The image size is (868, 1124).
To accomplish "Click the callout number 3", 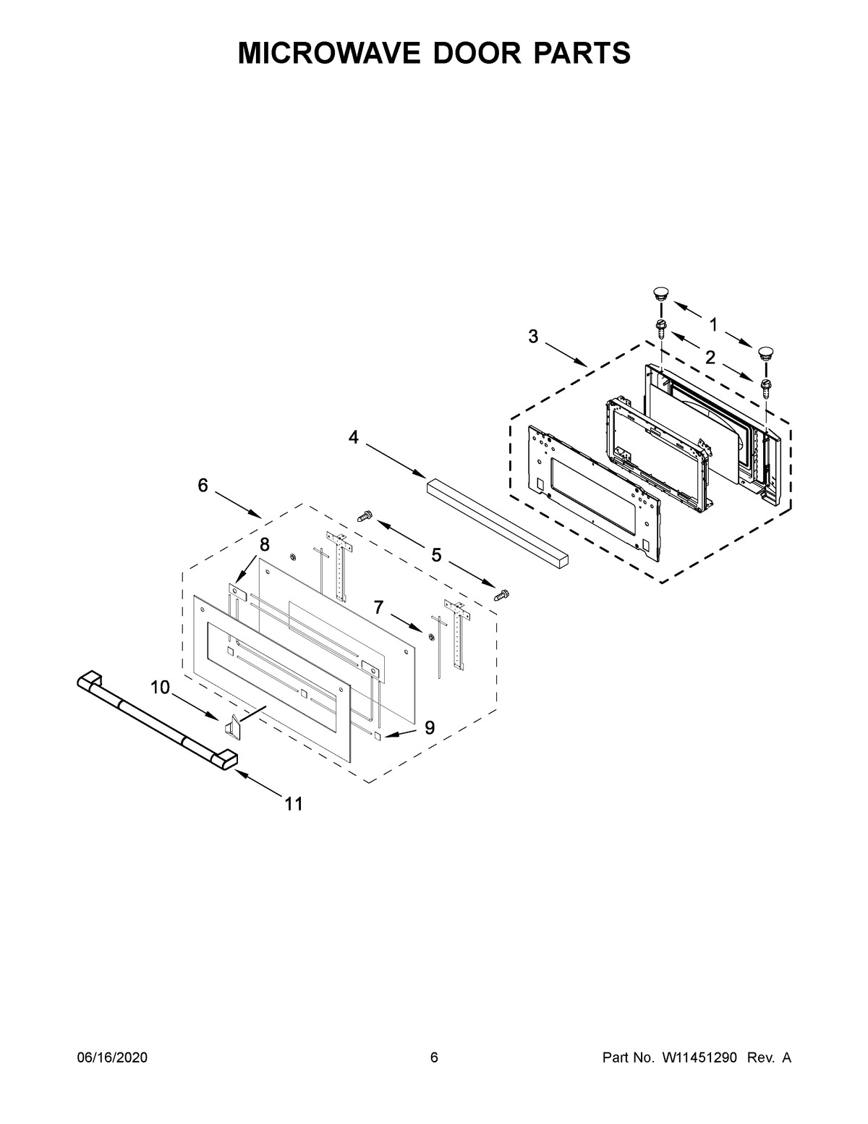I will click(533, 337).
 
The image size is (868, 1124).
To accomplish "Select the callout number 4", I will click(354, 437).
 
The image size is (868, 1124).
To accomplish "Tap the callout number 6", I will click(203, 486).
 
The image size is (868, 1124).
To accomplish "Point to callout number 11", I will click(293, 803).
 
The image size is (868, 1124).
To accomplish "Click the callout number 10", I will click(161, 687).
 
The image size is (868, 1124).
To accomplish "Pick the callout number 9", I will click(430, 728).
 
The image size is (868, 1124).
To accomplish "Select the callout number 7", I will click(379, 607).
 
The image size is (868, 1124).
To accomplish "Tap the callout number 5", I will click(436, 555).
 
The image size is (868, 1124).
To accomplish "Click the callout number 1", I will click(713, 325).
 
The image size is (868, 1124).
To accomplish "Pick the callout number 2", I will click(710, 357).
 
